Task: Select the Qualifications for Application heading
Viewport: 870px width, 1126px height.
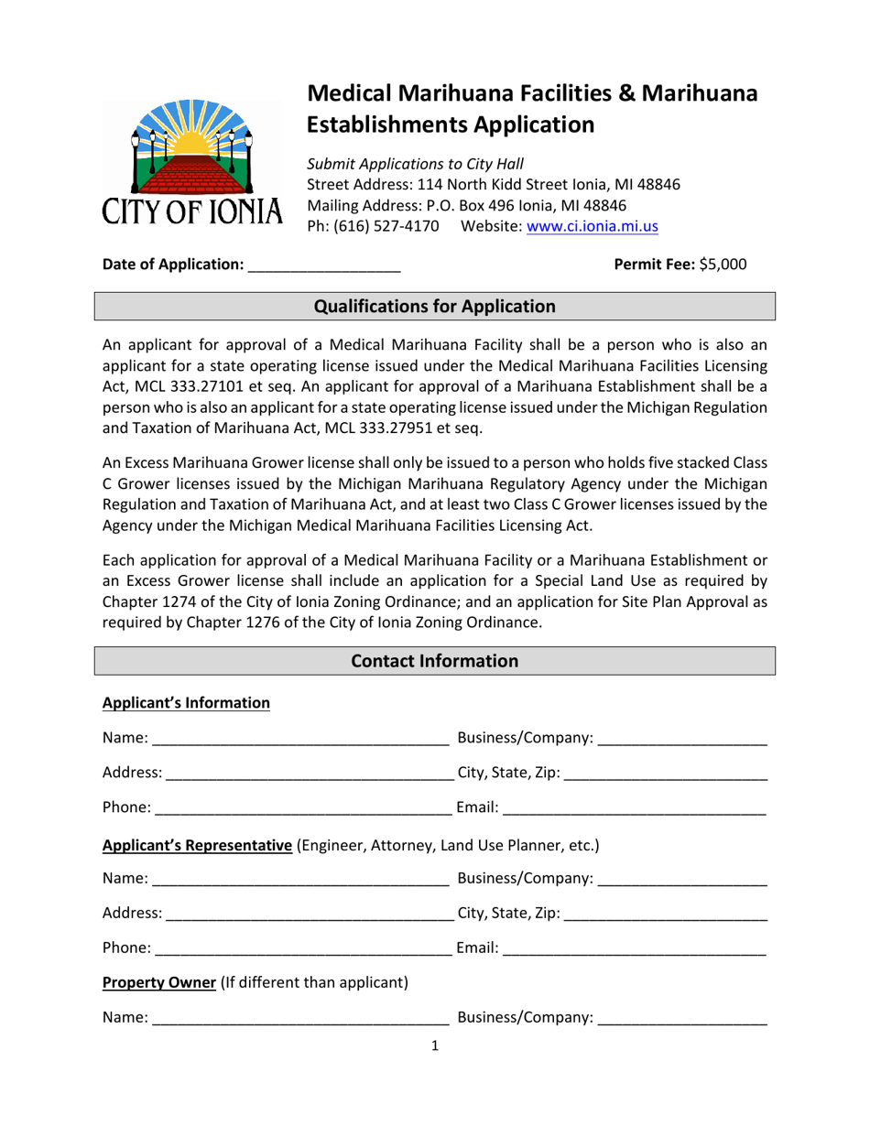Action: pyautogui.click(x=435, y=307)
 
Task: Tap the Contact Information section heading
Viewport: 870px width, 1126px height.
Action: pyautogui.click(x=435, y=660)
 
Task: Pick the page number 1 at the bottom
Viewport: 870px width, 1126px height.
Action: pyautogui.click(x=435, y=1046)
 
